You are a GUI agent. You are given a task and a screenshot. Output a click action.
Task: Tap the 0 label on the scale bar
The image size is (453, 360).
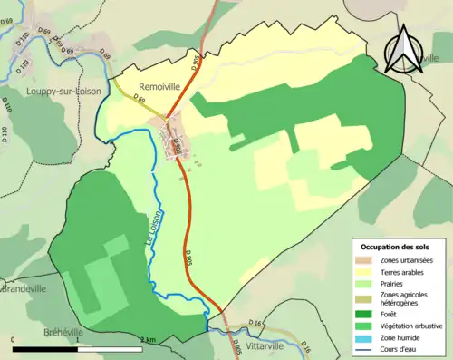[14, 339]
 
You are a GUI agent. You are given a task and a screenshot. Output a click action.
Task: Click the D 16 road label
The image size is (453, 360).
[255, 324]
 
